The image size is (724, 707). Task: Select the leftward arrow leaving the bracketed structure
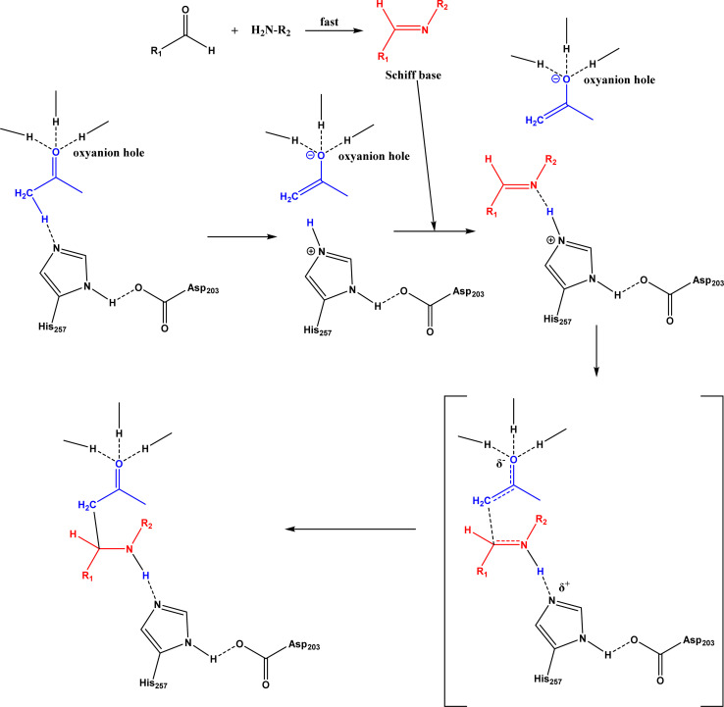tap(350, 530)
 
